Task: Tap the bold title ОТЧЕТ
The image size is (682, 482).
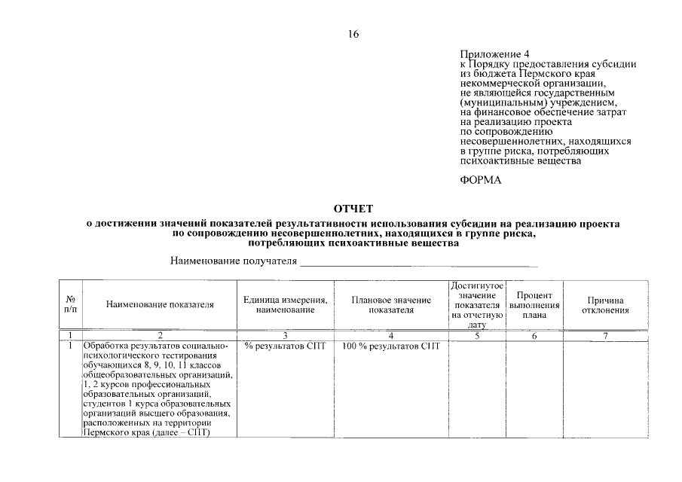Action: click(353, 209)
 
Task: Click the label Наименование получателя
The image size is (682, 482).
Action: click(233, 261)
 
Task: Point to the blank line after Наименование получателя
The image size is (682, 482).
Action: click(419, 263)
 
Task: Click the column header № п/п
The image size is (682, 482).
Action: click(70, 304)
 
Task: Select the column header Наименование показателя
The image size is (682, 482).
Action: click(160, 305)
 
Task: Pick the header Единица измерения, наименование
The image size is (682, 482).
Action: click(285, 305)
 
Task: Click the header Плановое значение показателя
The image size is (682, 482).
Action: click(391, 305)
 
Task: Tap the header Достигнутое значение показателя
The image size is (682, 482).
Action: click(477, 305)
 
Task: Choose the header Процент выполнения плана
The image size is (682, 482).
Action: click(534, 305)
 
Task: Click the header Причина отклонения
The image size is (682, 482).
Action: click(605, 305)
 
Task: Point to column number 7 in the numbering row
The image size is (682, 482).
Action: click(605, 335)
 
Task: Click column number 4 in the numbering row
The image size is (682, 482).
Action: click(391, 335)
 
